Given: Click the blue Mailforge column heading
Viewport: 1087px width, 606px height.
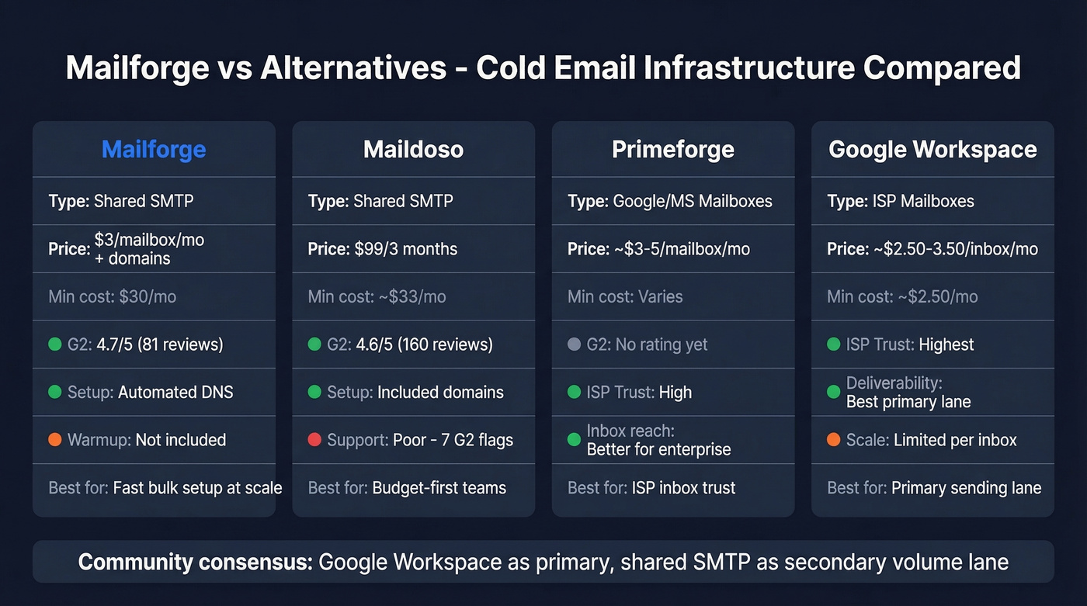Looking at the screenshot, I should (154, 149).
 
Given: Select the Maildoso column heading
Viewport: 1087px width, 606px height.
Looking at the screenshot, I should (413, 149).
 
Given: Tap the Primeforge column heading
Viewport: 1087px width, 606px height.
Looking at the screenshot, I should (672, 149).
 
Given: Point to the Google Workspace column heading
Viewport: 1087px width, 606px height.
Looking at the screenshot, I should (932, 149).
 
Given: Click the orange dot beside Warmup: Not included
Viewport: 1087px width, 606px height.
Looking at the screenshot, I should (55, 440).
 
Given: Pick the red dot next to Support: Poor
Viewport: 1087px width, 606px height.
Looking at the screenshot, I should (314, 440).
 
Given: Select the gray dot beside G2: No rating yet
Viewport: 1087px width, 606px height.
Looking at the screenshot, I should (574, 345).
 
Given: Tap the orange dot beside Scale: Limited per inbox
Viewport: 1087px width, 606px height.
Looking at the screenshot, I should (833, 440).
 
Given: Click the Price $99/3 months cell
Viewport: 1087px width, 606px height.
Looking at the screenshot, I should (383, 249).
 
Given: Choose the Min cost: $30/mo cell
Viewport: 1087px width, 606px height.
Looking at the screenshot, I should (112, 296).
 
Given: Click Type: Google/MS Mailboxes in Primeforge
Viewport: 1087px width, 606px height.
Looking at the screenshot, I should (669, 202).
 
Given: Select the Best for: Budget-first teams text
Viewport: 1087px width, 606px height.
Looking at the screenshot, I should (407, 488).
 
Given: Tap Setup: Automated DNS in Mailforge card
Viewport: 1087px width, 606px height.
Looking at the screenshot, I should (150, 393).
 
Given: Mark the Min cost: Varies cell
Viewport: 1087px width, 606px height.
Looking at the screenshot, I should (625, 296).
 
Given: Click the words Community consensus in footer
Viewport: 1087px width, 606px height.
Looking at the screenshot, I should (194, 562).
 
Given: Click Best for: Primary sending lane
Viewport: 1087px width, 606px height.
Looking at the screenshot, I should (934, 488).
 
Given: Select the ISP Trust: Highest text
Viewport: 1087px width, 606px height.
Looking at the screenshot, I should (909, 345).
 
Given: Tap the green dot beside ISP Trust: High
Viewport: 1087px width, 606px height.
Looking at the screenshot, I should (574, 393).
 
